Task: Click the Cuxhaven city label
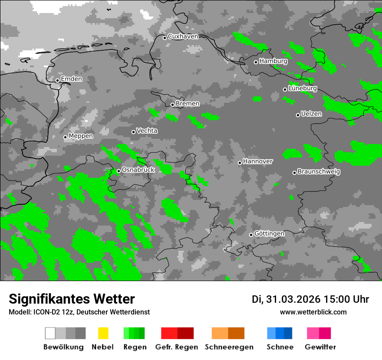(183, 36)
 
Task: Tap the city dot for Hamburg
(256, 62)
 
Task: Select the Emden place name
(71, 79)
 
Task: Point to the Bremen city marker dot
(172, 105)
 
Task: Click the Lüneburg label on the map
(303, 88)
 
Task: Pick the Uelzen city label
(311, 114)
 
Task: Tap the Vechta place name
(147, 131)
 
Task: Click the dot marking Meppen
(65, 137)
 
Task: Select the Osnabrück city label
(138, 170)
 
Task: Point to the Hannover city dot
(240, 163)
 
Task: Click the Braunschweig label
(319, 172)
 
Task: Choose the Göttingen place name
(269, 234)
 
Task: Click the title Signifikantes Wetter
(72, 299)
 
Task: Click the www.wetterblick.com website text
(313, 312)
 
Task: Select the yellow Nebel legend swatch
(103, 333)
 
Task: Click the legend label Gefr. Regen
(177, 347)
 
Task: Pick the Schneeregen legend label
(229, 347)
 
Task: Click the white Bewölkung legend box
(50, 333)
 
